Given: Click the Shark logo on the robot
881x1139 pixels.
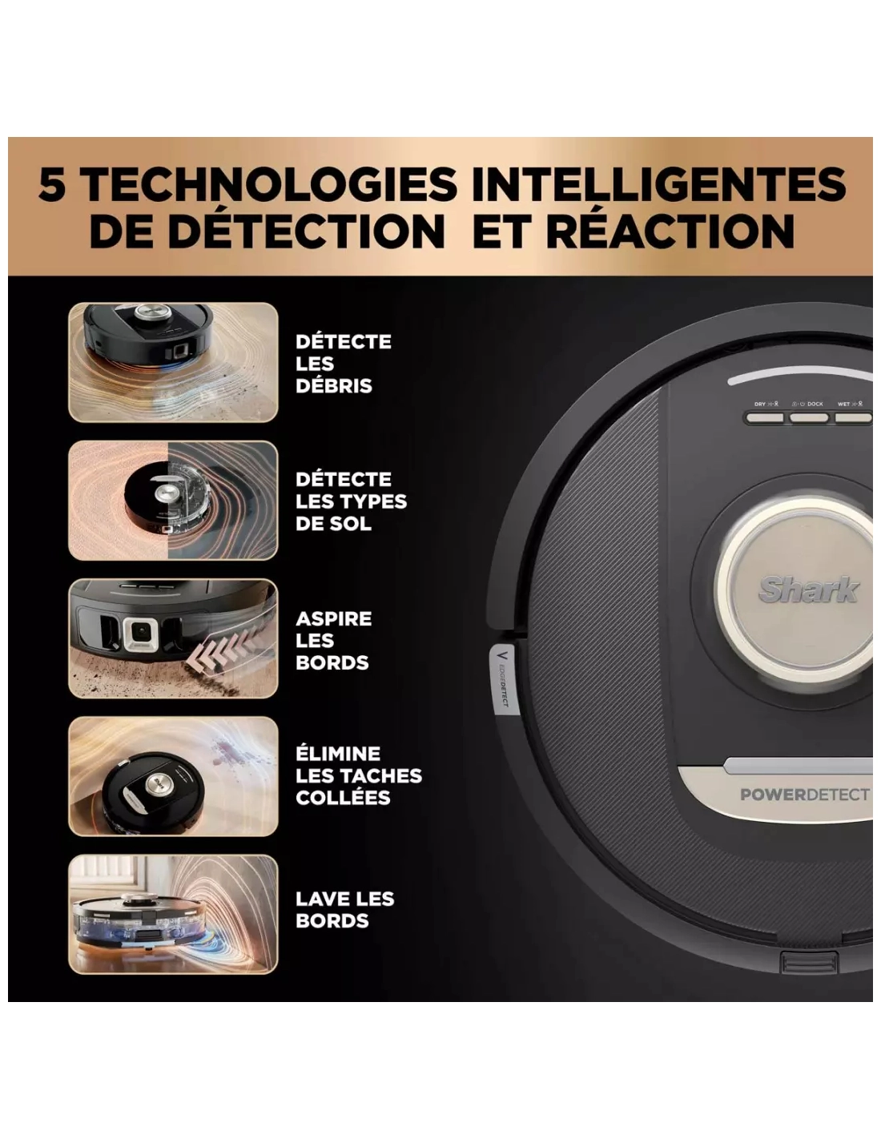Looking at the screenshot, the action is click(x=807, y=590).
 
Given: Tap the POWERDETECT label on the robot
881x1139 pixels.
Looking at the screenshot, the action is click(x=804, y=795).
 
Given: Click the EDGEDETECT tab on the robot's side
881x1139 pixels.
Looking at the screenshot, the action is click(x=504, y=680).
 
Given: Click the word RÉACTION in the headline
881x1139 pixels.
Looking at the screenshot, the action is click(x=670, y=231).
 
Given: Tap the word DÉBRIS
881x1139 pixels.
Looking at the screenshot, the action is click(x=334, y=386).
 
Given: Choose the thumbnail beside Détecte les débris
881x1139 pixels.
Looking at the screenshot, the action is click(x=173, y=362).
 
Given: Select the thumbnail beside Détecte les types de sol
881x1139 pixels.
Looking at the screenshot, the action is click(x=173, y=500).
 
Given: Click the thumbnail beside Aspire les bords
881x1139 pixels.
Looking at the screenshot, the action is click(x=173, y=638).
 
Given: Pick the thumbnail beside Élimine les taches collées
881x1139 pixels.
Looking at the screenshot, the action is click(x=173, y=776).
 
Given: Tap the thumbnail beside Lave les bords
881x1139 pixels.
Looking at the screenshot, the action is click(x=173, y=914).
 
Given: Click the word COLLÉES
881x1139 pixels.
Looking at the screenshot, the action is click(x=343, y=797).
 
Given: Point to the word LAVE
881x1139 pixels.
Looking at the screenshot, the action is click(x=320, y=899).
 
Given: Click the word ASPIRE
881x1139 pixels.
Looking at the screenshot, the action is click(x=334, y=618).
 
